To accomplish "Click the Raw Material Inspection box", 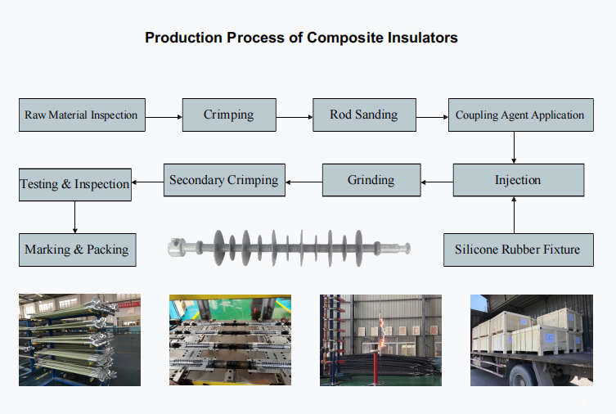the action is click(82, 115).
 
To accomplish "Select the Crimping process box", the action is click(229, 115).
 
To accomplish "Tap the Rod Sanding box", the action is click(364, 115).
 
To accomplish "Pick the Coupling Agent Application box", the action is click(521, 115).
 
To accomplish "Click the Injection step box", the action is click(519, 180).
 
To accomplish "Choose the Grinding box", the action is click(371, 180).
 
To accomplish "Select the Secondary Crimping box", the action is click(224, 180).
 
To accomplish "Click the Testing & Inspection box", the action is click(75, 185).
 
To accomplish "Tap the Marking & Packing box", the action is click(78, 250).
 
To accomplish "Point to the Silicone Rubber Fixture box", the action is click(519, 250).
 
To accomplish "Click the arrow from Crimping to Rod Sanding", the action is click(295, 117).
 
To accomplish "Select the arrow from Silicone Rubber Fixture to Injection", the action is click(514, 215).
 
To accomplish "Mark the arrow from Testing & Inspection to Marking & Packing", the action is click(74, 217).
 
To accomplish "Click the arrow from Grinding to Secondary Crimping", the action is click(304, 182).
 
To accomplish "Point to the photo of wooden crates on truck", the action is click(532, 340).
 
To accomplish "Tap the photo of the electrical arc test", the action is click(380, 340).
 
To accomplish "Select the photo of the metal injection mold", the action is click(230, 340).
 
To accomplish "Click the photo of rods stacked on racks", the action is click(79, 340).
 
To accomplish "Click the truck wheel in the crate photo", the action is click(523, 376).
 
